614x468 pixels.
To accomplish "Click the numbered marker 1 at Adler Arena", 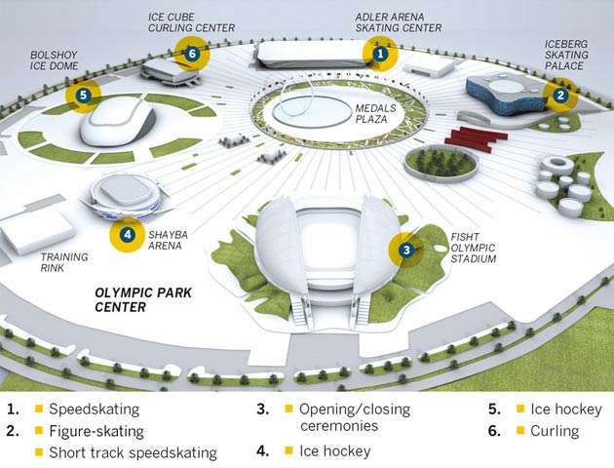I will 381,56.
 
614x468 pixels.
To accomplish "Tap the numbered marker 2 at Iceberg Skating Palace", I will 560,95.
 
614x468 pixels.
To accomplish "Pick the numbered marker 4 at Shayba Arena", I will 127,234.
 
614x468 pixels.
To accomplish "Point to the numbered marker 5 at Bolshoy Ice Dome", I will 84,95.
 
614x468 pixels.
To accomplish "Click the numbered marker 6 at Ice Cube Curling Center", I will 192,53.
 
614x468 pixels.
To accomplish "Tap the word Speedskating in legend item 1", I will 94,409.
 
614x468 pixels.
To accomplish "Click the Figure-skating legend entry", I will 96,431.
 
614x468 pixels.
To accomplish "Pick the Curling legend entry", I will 556,431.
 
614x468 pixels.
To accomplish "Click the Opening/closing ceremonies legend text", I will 350,417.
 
